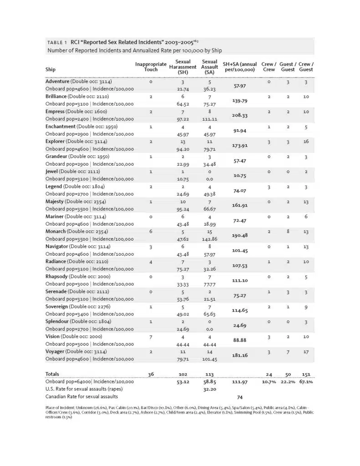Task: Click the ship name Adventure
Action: (x=58, y=81)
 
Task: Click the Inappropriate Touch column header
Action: (x=151, y=67)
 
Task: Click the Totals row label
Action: (x=53, y=374)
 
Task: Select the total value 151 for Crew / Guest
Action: (x=306, y=374)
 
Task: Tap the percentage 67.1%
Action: (x=306, y=382)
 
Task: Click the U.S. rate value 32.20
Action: (x=209, y=390)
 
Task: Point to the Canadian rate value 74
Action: (x=240, y=397)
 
